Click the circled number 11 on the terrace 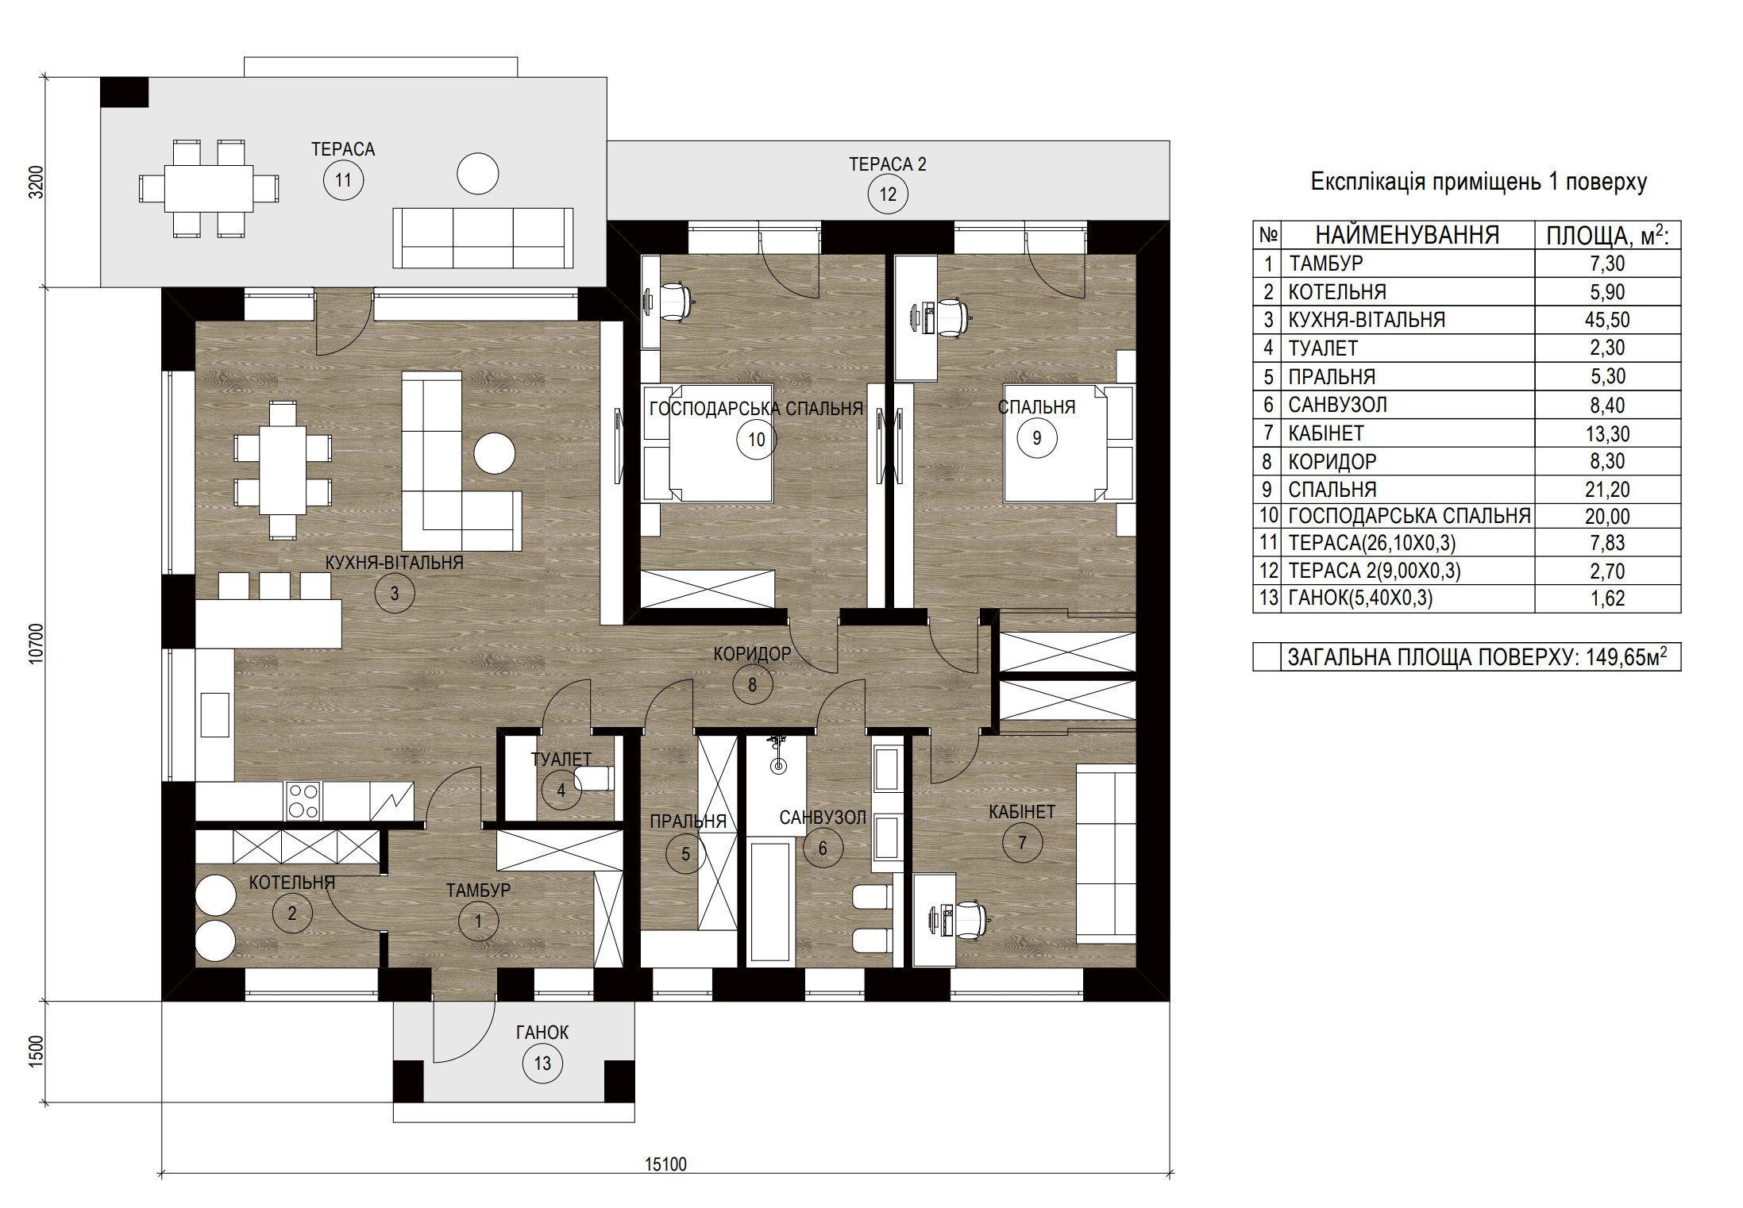pos(343,180)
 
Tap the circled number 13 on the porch pos(542,1064)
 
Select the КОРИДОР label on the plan pos(752,654)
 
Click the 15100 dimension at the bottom pos(665,1164)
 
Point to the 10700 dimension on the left pos(35,644)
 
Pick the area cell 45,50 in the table pos(1608,320)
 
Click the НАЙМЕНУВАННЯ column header pos(1407,235)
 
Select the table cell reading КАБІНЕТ pos(1325,433)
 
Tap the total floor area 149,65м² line pos(1481,657)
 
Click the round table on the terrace pos(478,173)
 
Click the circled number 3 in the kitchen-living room pos(395,593)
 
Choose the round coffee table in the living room pos(495,453)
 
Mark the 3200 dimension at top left pos(35,182)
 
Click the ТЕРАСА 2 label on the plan pos(888,164)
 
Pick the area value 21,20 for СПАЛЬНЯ pos(1608,490)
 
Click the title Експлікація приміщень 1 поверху pos(1479,183)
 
